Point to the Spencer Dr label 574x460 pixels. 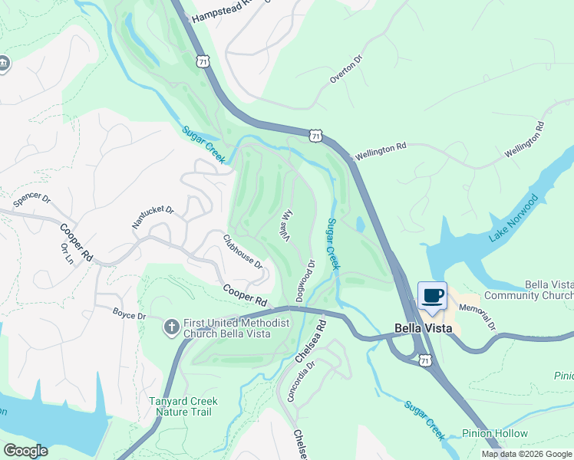pyautogui.click(x=31, y=201)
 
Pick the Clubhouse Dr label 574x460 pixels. pyautogui.click(x=243, y=251)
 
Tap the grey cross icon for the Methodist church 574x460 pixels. pyautogui.click(x=172, y=328)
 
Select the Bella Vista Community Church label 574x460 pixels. pyautogui.click(x=549, y=290)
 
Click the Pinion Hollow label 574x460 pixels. pyautogui.click(x=495, y=434)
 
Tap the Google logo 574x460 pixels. pyautogui.click(x=25, y=451)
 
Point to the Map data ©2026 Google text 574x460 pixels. pyautogui.click(x=526, y=454)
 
